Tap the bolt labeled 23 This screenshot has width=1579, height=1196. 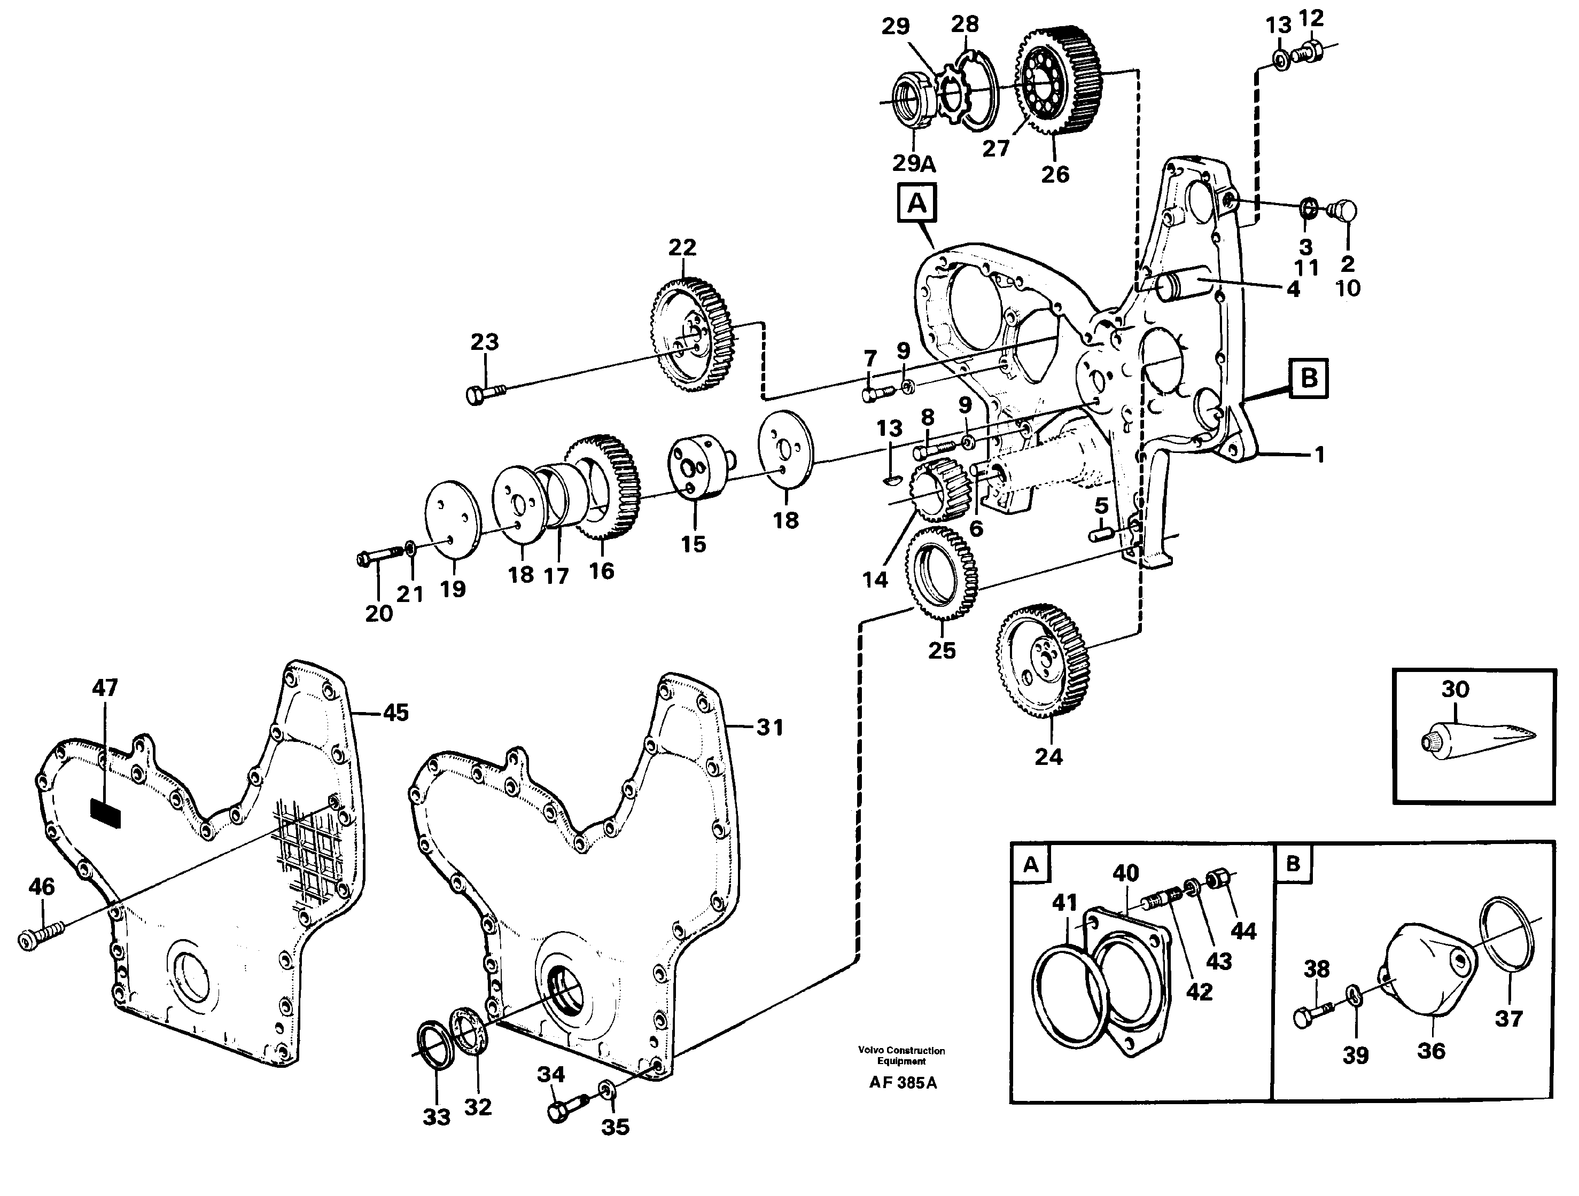[485, 393]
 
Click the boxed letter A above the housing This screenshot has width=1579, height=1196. [916, 205]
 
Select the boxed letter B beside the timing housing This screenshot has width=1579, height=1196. [1309, 378]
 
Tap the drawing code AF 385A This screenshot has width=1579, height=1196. [903, 1083]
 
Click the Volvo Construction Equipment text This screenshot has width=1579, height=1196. [901, 1056]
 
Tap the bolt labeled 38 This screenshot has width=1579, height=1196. [1312, 1015]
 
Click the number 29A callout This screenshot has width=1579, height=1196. [914, 163]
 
